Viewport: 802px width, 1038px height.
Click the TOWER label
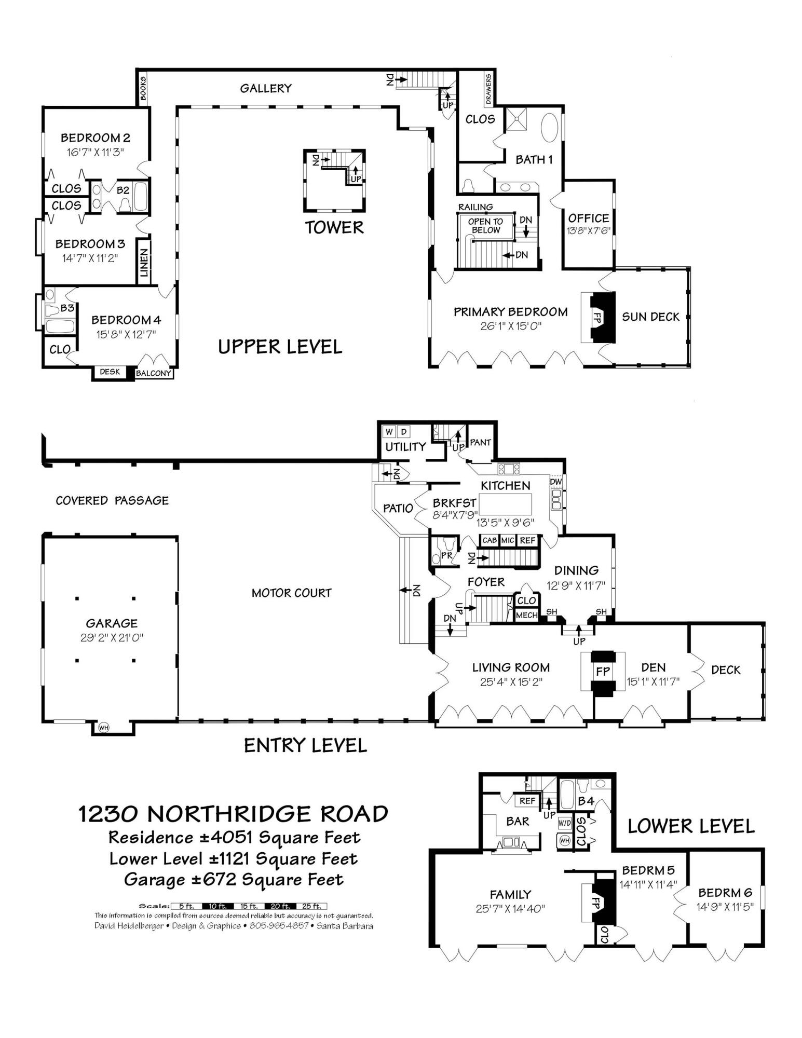pos(334,228)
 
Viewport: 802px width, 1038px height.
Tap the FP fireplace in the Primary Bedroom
pos(596,318)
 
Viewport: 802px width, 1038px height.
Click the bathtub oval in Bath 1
pos(549,128)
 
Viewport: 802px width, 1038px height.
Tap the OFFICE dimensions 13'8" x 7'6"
pos(588,231)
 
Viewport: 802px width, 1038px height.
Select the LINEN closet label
pos(144,262)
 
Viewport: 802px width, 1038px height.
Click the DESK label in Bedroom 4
pos(110,372)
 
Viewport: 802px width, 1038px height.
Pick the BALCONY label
pos(154,373)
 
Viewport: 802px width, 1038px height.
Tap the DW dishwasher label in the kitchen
pos(556,482)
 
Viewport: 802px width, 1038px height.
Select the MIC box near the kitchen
pos(508,540)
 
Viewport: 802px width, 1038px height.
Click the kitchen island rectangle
pos(506,503)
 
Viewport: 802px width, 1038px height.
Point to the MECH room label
pos(526,615)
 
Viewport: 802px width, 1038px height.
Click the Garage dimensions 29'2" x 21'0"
pos(112,638)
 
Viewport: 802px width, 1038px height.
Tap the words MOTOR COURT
pos(291,593)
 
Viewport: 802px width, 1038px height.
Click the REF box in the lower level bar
pos(527,801)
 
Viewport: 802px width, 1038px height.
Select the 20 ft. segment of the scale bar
pos(281,906)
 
